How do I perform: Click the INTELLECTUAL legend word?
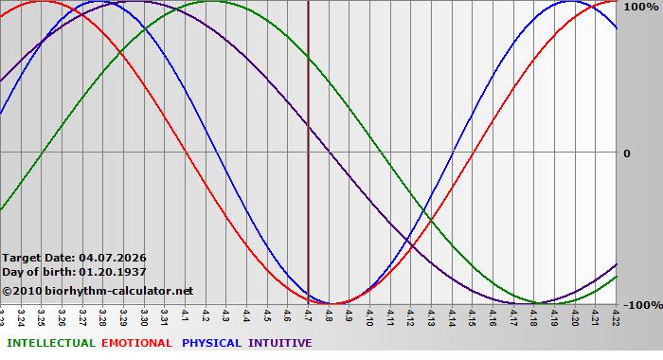[x=49, y=343]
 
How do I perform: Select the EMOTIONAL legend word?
[x=136, y=343]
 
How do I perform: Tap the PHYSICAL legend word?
[x=211, y=343]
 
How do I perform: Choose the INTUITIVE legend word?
[x=279, y=343]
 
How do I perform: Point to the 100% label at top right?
[x=640, y=7]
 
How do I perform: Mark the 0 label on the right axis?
[x=625, y=153]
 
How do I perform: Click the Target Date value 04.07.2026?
[x=113, y=258]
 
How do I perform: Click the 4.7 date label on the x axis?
[x=308, y=315]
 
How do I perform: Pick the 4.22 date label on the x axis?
[x=617, y=315]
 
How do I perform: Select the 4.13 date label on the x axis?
[x=431, y=315]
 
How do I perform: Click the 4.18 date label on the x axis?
[x=534, y=315]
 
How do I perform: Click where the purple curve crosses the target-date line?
[x=308, y=127]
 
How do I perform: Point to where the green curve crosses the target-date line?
[x=308, y=60]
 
